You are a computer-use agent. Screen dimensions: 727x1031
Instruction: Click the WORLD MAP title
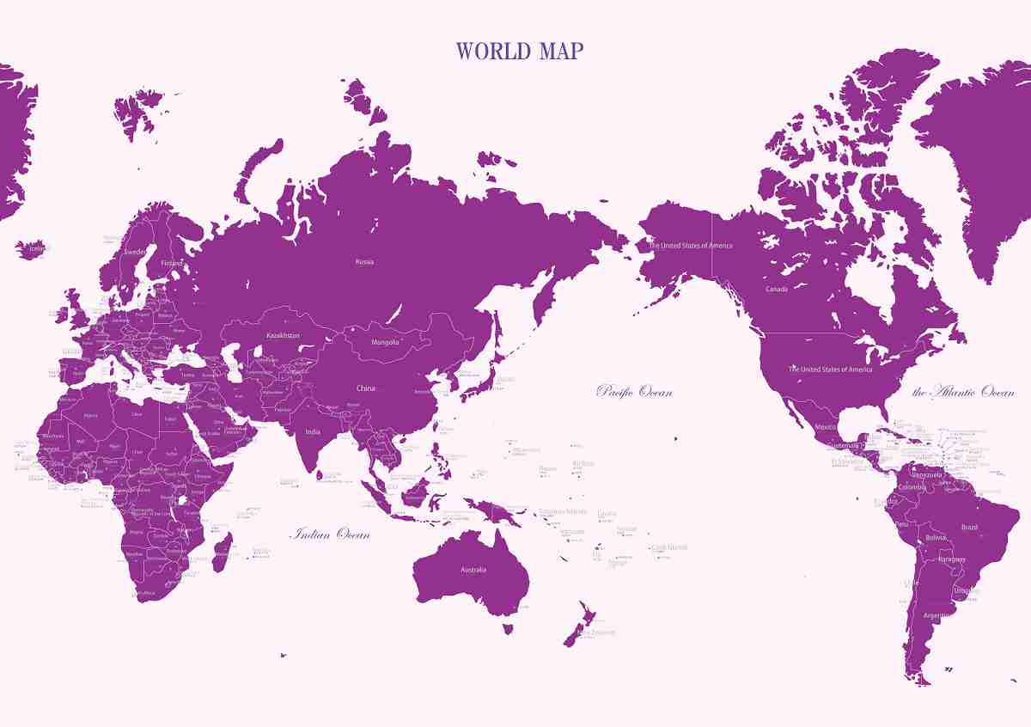519,52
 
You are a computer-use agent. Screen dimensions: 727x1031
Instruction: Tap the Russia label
364,261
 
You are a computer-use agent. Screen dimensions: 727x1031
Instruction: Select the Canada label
777,290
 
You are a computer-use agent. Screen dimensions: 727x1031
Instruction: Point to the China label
366,388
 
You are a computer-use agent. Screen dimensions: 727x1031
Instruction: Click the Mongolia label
385,343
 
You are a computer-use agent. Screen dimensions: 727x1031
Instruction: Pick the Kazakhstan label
284,334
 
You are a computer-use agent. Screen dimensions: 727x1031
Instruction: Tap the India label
312,432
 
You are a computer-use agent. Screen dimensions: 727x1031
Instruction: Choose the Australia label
473,570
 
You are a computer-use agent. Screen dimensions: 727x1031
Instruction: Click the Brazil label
969,527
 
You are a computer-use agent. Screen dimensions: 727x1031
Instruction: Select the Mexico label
826,427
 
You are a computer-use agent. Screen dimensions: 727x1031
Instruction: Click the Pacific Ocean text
634,392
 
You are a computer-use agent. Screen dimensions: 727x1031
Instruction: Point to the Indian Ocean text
332,535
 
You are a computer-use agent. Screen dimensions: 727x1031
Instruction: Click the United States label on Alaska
691,246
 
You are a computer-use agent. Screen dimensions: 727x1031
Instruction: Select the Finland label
173,262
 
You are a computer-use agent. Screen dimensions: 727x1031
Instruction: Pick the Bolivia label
936,538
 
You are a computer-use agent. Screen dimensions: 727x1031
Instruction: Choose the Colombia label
912,486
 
